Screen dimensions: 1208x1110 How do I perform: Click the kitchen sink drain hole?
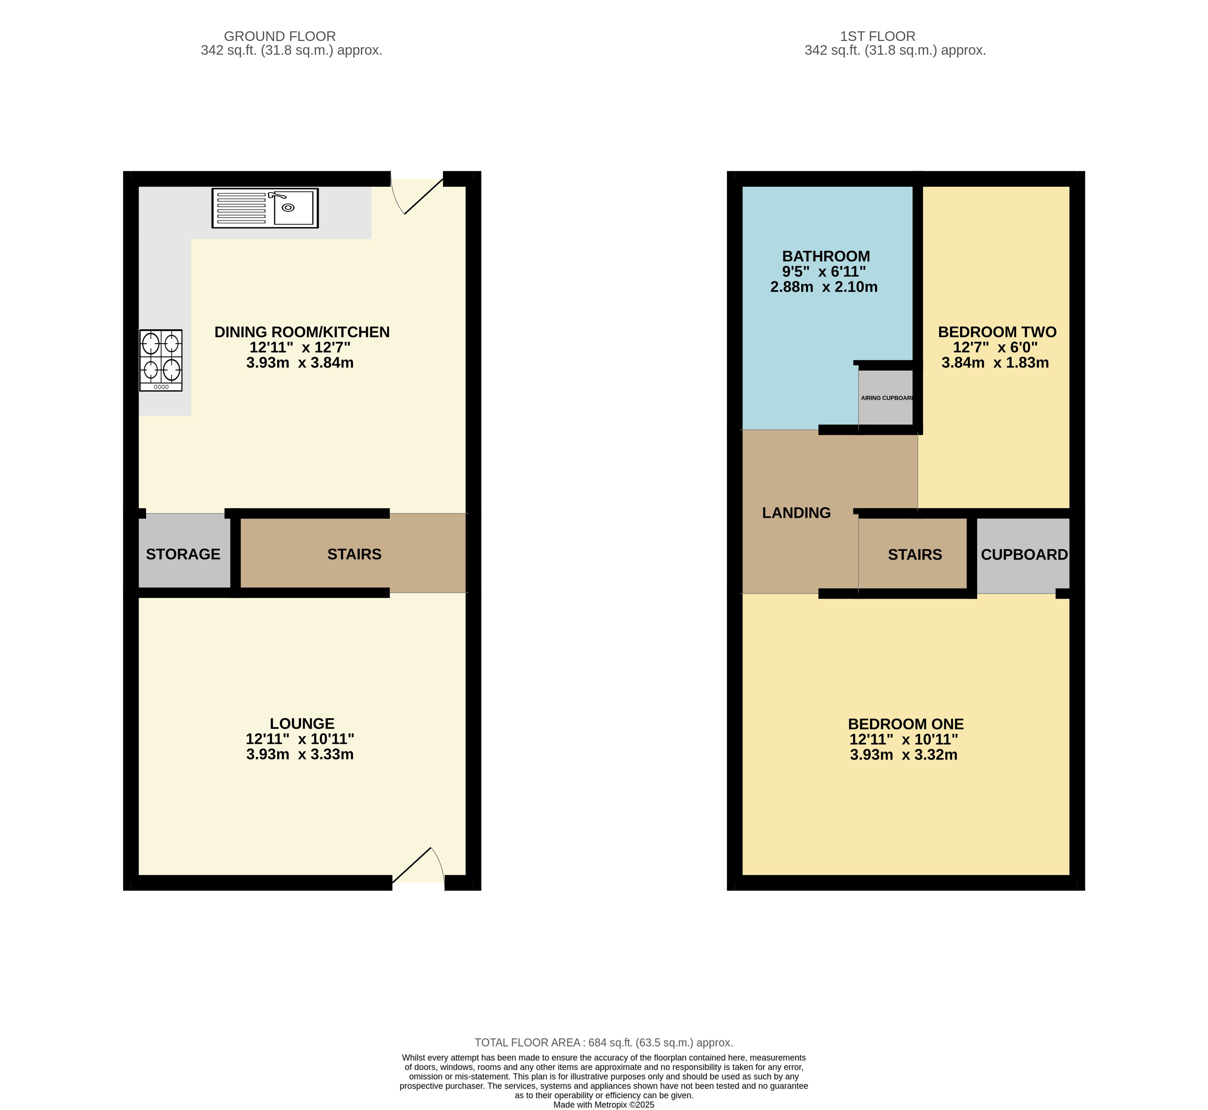288,208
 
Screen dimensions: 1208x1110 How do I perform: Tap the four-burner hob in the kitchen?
161,360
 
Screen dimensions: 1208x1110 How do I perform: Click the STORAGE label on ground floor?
183,554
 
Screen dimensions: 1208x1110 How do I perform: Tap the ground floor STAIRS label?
354,554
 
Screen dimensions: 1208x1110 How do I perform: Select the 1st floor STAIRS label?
915,555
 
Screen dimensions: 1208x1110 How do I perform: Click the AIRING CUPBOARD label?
887,398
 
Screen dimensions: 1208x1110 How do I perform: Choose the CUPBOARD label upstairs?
1025,555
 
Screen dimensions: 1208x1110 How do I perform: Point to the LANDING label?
796,513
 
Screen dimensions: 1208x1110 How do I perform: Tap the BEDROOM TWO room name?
997,332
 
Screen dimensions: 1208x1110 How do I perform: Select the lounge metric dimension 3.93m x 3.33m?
300,754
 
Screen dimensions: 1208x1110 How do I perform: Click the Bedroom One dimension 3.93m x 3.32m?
904,755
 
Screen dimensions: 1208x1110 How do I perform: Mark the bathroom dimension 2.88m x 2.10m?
824,287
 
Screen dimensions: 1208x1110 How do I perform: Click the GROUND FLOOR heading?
280,36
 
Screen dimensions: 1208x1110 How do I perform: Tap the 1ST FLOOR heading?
878,36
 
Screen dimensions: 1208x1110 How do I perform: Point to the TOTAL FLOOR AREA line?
604,1043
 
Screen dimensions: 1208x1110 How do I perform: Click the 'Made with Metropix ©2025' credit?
604,1104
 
